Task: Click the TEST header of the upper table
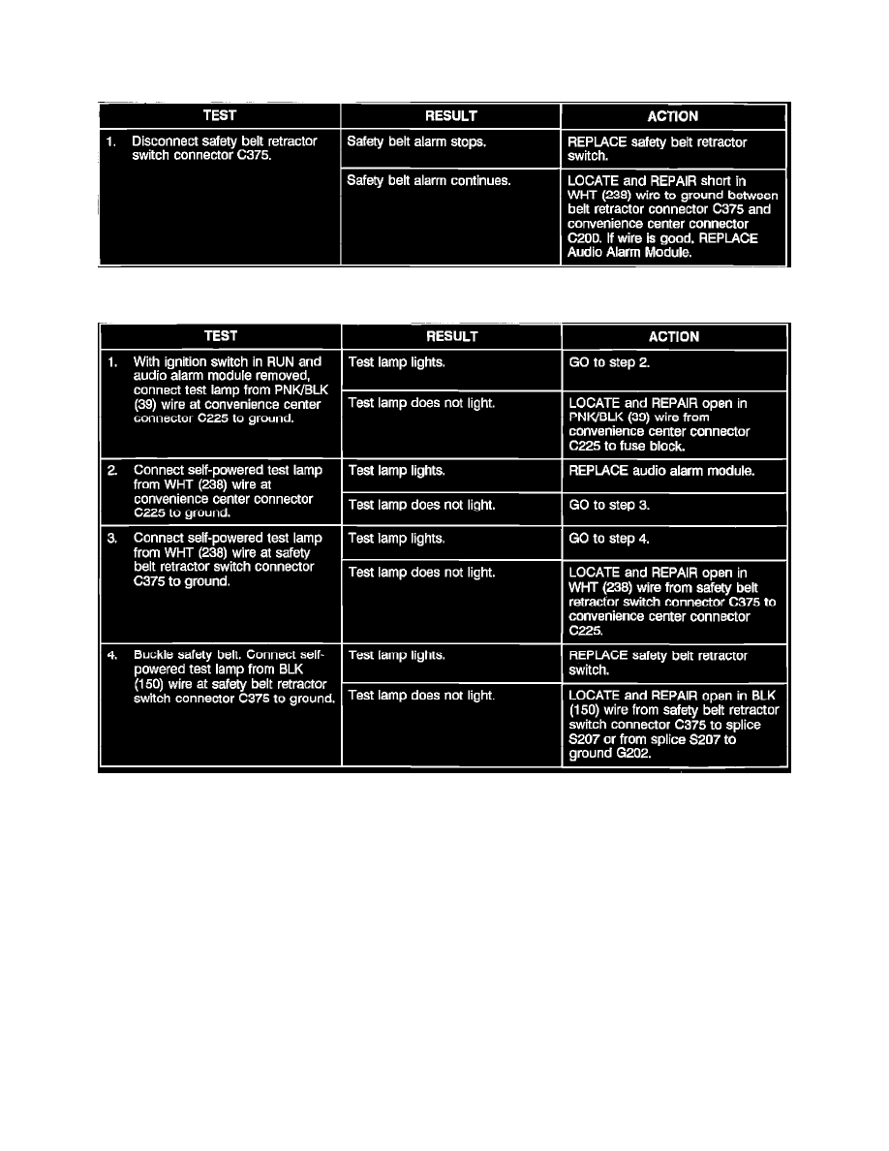coord(220,116)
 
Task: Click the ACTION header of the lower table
coord(673,337)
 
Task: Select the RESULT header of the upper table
coord(450,116)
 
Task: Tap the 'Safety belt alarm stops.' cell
coord(416,141)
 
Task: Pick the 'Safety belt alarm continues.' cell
coord(428,181)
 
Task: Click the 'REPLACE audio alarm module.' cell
coord(661,471)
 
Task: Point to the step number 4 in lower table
coord(113,654)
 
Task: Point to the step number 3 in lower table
coord(113,537)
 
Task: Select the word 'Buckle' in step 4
coord(153,654)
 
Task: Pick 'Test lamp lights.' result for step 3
coord(396,539)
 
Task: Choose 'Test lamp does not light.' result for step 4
coord(420,696)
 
